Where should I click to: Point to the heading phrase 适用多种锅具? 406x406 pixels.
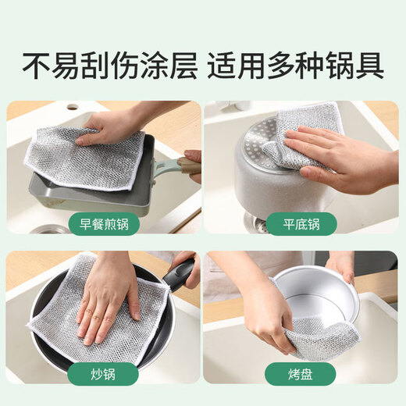[296, 66]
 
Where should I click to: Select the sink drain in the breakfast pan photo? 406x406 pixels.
[51, 229]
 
